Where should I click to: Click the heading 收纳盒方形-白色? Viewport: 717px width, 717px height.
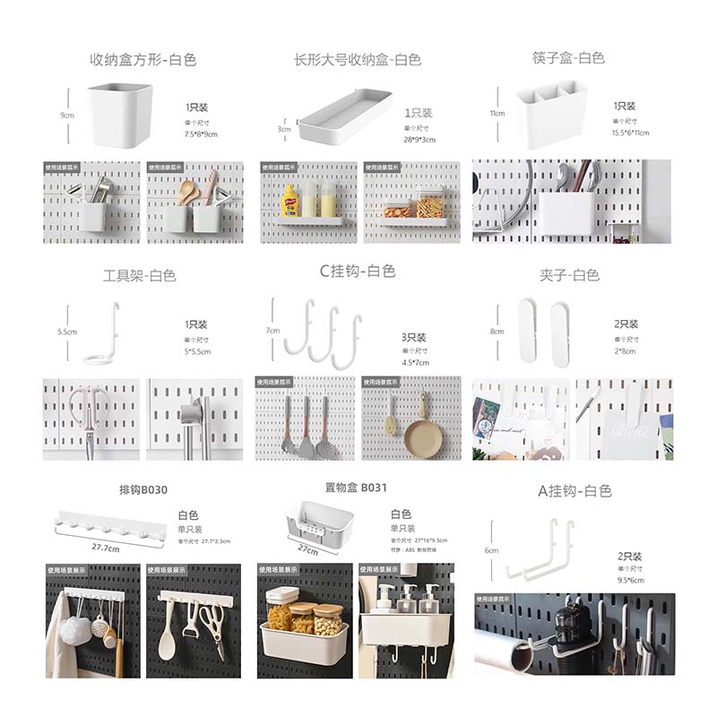(143, 60)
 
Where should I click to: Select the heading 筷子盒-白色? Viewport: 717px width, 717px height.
(567, 58)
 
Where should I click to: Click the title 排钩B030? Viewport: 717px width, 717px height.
(143, 490)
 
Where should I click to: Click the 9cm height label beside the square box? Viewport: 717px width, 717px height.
(66, 116)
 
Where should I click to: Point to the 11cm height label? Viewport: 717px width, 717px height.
(497, 114)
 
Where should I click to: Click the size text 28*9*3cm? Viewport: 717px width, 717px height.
(419, 140)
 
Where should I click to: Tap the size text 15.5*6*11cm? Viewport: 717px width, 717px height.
(631, 133)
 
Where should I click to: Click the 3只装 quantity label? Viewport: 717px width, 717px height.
(414, 337)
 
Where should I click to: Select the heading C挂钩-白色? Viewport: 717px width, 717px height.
(357, 271)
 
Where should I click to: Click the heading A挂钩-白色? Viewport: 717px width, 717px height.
(574, 490)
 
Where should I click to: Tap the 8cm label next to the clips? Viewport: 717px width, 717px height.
(497, 332)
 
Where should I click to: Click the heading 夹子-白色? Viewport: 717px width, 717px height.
(569, 275)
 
